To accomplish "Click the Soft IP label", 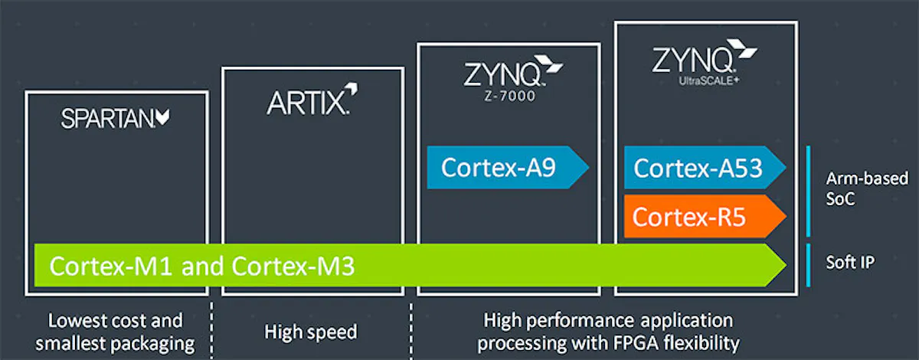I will tap(850, 262).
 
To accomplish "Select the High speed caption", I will tap(311, 332).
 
